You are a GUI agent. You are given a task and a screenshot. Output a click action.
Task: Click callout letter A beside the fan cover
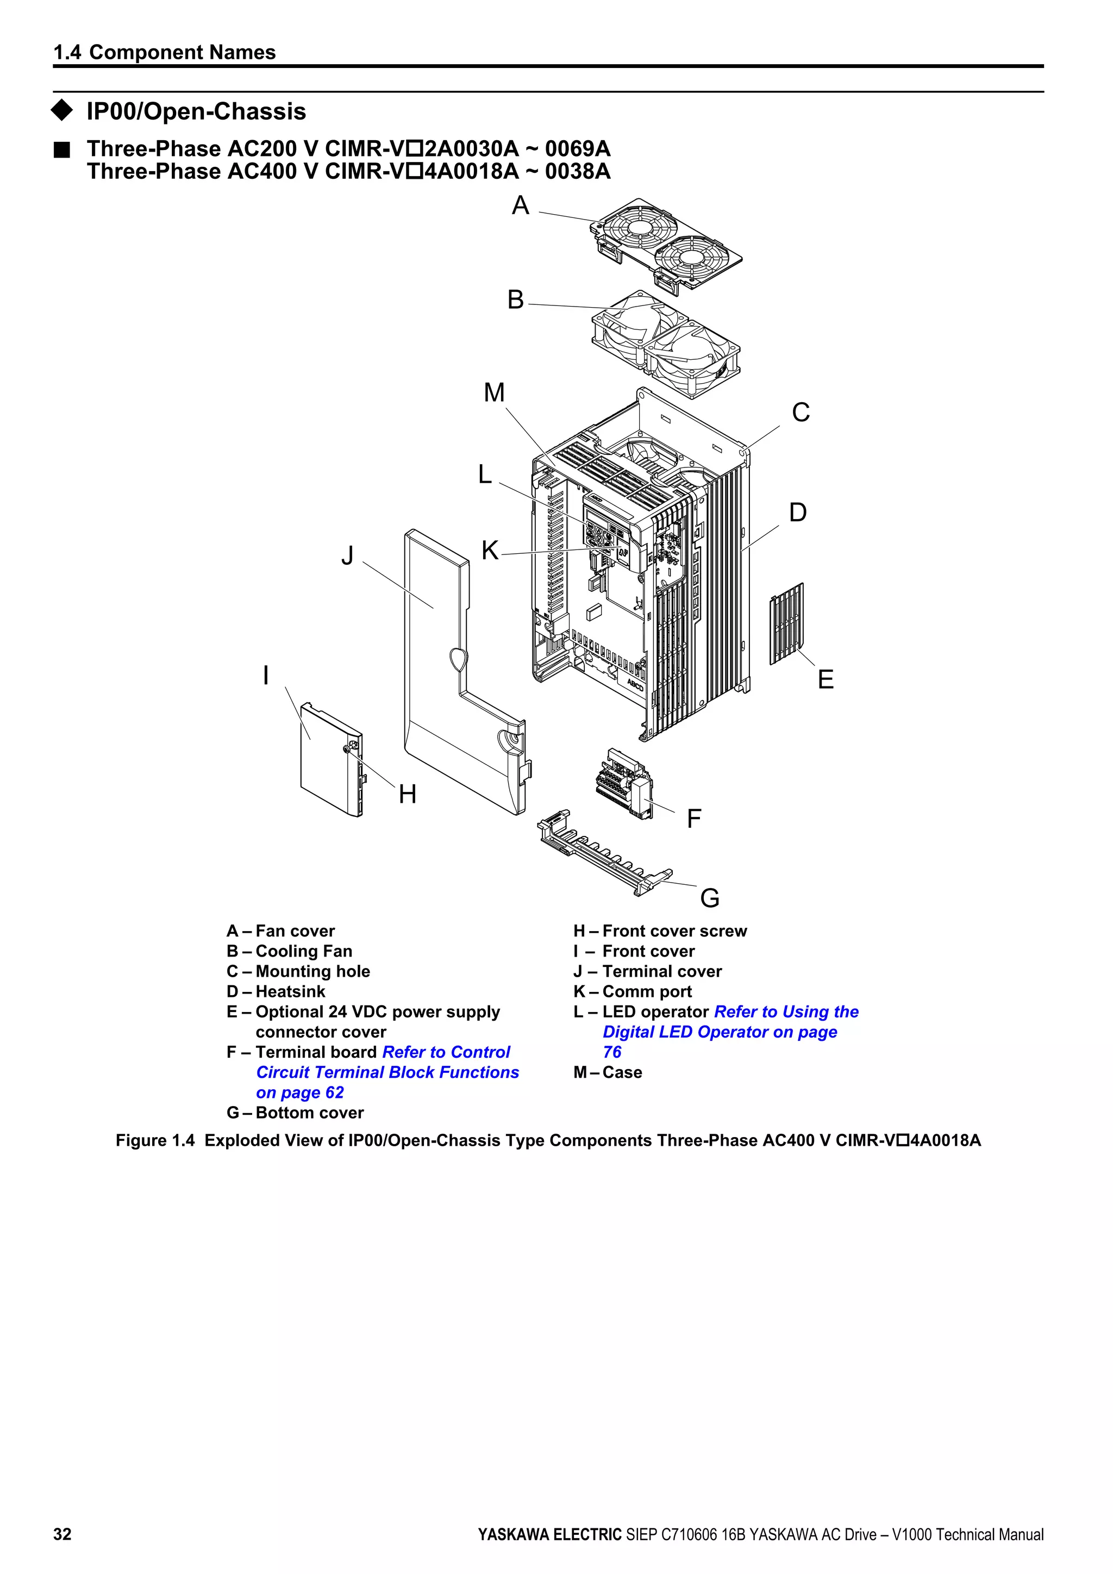[x=520, y=205]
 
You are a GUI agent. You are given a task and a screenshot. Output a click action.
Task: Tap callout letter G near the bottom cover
[x=709, y=897]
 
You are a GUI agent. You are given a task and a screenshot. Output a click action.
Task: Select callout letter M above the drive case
[x=493, y=393]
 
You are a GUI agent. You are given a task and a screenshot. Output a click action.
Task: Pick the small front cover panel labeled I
[x=326, y=761]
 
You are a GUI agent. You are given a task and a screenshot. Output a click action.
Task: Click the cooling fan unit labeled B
[x=665, y=343]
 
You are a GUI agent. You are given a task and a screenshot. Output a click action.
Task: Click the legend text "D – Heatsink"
[x=276, y=991]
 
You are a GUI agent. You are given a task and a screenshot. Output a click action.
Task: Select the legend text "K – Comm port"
[x=632, y=991]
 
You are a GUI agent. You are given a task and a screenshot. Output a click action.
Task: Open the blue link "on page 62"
[x=299, y=1092]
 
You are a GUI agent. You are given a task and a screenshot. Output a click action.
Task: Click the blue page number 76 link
[x=612, y=1052]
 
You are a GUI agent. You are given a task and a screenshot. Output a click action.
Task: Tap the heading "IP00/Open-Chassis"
[x=196, y=111]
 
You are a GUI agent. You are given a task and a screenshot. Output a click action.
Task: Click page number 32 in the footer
[x=62, y=1534]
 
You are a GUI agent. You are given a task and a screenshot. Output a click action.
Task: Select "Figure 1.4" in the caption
[x=155, y=1140]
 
